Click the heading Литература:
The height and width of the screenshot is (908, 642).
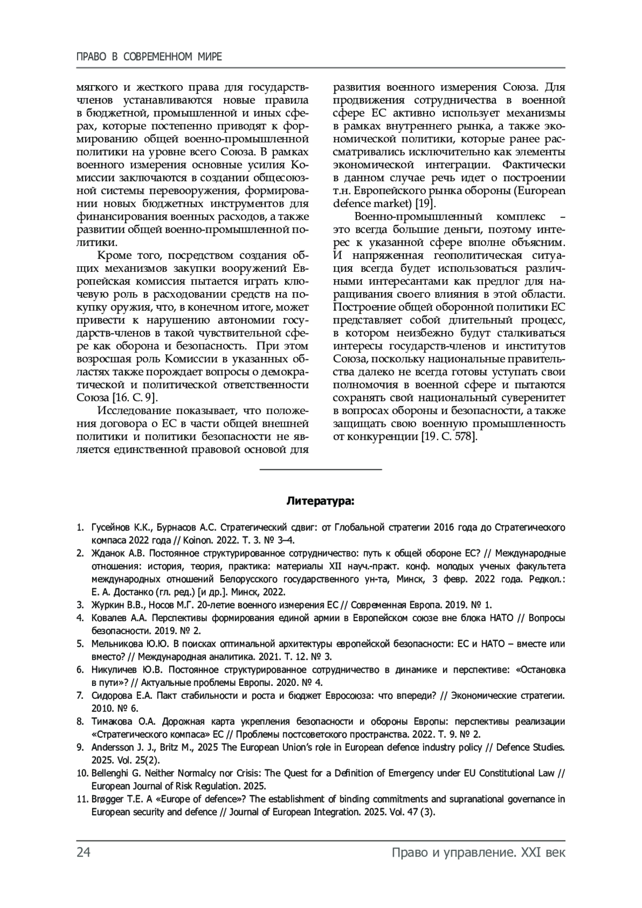pyautogui.click(x=320, y=502)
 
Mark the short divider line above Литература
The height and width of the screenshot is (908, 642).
pyautogui.click(x=320, y=469)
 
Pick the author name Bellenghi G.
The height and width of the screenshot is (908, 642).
pyautogui.click(x=116, y=773)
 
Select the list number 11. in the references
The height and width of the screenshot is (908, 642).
pyautogui.click(x=82, y=799)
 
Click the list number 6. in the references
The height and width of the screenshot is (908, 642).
pyautogui.click(x=80, y=670)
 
